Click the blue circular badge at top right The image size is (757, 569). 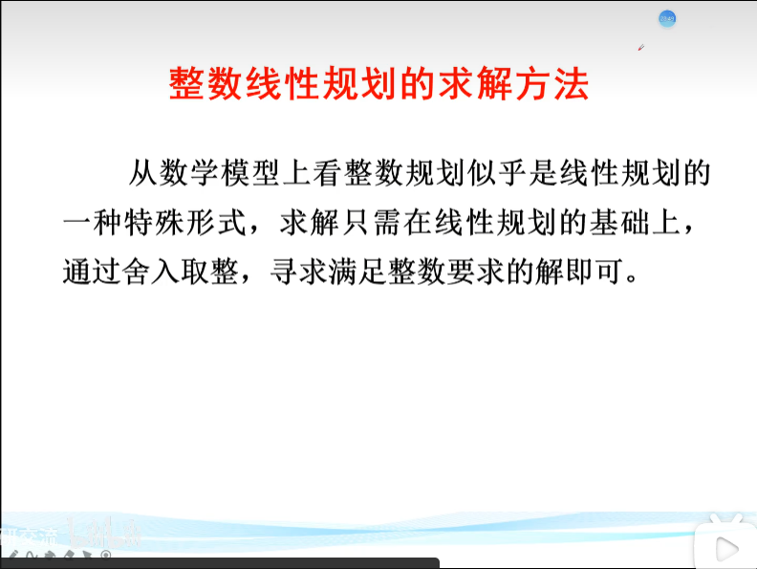tap(667, 18)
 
